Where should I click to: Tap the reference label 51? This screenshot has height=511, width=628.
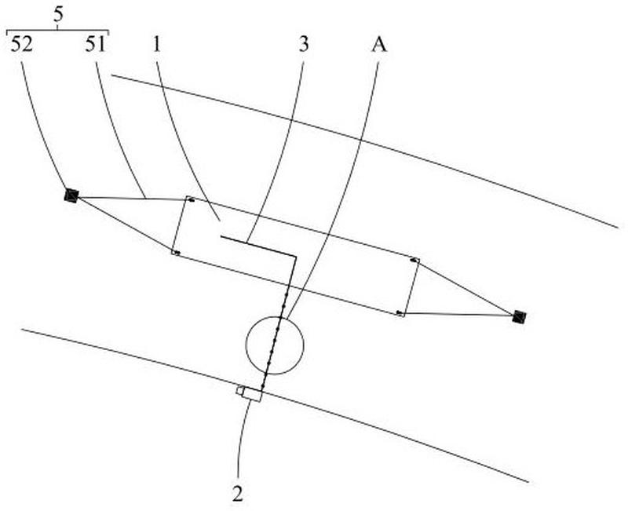96,45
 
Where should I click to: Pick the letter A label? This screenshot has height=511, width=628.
378,45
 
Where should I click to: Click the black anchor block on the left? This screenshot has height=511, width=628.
71,195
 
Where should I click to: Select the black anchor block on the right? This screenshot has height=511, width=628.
518,316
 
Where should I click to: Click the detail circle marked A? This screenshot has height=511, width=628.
274,345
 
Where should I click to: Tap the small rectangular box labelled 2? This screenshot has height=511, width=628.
251,393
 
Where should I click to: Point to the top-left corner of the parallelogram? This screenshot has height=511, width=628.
187,198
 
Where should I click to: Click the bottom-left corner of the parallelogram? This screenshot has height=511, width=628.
173,252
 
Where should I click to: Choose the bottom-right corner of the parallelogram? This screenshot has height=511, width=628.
399,314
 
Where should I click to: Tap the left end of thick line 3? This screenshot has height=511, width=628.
221,235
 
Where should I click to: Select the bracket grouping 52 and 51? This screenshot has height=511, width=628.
57,31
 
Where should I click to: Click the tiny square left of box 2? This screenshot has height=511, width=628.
239,389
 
